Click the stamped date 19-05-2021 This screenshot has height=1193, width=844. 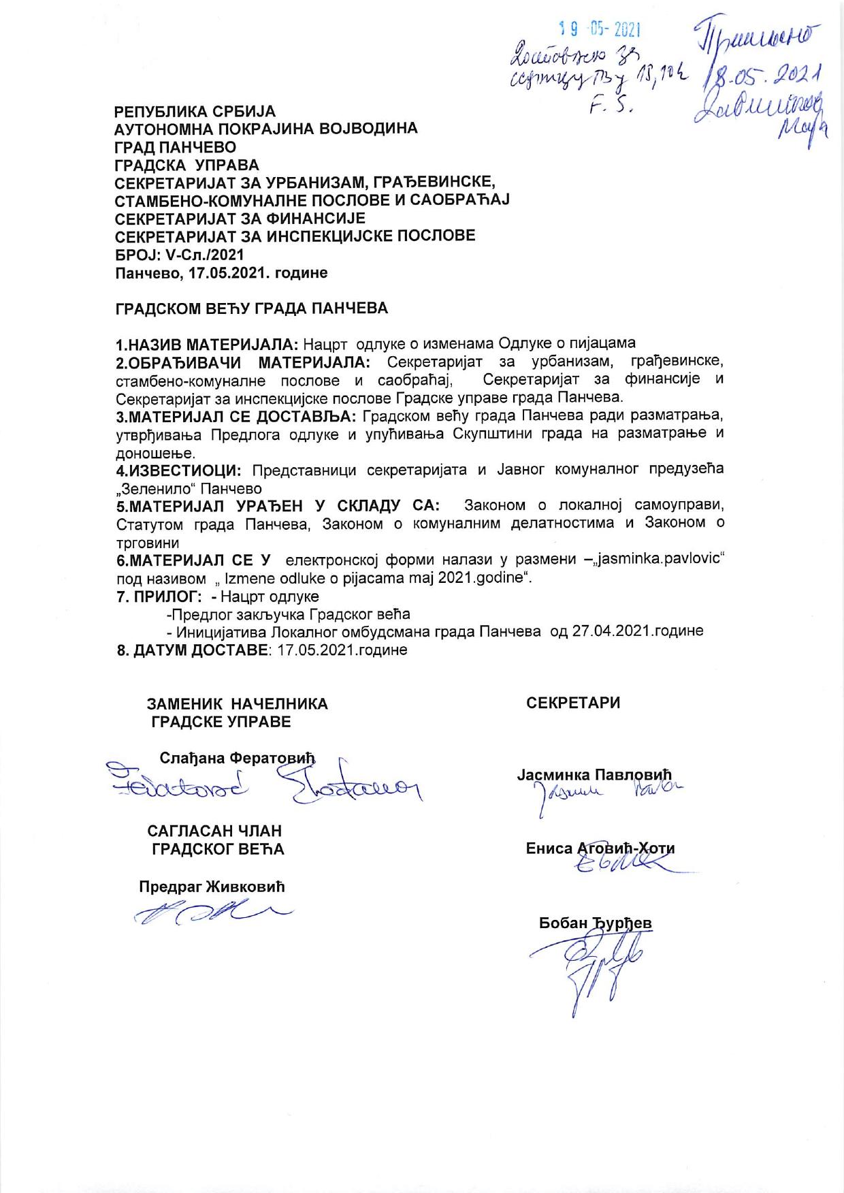[601, 29]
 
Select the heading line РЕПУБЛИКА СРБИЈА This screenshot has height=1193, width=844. [195, 111]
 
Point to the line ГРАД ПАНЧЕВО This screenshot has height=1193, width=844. [176, 146]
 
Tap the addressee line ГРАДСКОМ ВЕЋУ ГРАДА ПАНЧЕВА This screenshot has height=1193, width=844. [252, 308]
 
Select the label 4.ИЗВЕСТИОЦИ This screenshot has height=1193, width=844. [178, 471]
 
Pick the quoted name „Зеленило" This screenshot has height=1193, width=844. [152, 489]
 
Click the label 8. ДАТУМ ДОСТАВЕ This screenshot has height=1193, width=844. [192, 650]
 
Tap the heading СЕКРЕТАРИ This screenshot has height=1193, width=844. [573, 703]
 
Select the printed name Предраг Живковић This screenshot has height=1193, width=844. [212, 887]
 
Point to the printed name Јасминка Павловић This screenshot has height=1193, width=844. [594, 775]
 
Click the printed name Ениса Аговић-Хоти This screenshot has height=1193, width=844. [600, 848]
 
